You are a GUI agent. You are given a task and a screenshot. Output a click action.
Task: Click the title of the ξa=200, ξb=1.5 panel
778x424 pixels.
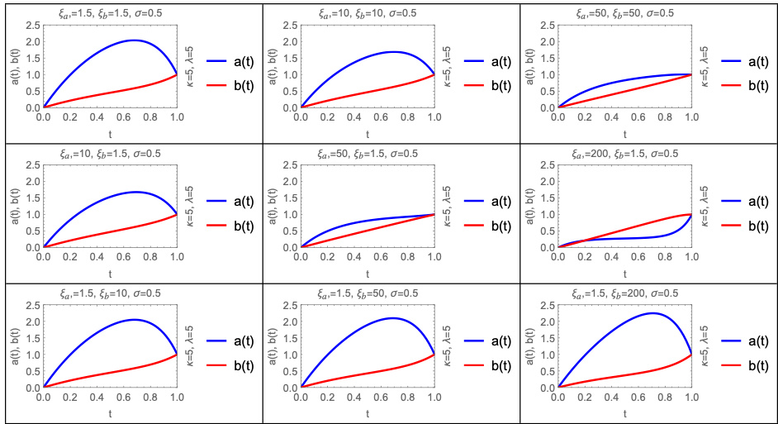624,153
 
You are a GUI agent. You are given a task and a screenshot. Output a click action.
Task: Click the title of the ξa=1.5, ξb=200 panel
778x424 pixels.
624,293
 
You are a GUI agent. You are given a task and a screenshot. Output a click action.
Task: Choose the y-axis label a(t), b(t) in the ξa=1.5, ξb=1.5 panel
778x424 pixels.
11,65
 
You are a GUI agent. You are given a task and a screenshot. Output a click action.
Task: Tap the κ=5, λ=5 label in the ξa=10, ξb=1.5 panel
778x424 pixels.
192,205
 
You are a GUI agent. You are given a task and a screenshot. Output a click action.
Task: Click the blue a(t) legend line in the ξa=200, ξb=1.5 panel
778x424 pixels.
734,200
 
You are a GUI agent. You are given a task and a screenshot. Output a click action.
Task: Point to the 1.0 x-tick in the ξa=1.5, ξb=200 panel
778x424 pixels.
690,397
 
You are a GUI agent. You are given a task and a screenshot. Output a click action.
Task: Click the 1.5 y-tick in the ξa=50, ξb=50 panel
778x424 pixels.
546,58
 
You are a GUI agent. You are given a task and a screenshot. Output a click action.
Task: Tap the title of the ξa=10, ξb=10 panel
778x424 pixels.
368,13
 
